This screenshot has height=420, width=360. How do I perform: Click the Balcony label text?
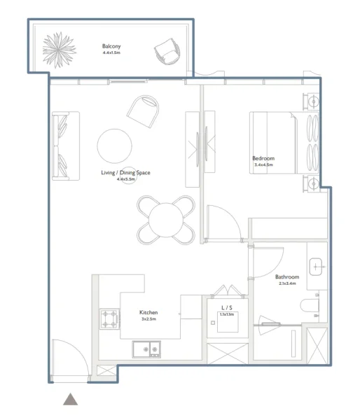pyautogui.click(x=111, y=46)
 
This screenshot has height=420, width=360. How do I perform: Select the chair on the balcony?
pyautogui.click(x=168, y=51)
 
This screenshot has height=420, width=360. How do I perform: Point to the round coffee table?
pyautogui.click(x=115, y=146)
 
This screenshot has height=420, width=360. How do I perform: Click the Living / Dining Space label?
pyautogui.click(x=126, y=172)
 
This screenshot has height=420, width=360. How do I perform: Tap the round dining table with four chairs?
pyautogui.click(x=166, y=218)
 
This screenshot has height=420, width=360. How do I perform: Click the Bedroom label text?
pyautogui.click(x=263, y=159)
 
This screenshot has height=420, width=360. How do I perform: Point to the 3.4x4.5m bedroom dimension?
pyautogui.click(x=263, y=165)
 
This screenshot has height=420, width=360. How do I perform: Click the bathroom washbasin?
pyautogui.click(x=317, y=266)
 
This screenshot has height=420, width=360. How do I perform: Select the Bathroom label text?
pyautogui.click(x=287, y=277)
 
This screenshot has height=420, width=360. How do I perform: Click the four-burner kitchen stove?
pyautogui.click(x=109, y=319)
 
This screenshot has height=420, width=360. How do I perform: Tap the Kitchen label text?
pyautogui.click(x=148, y=313)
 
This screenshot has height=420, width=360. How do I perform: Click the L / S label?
pyautogui.click(x=226, y=308)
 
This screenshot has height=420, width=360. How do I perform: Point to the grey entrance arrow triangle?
pyautogui.click(x=70, y=400)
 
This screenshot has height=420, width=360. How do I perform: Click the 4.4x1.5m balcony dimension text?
pyautogui.click(x=111, y=52)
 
